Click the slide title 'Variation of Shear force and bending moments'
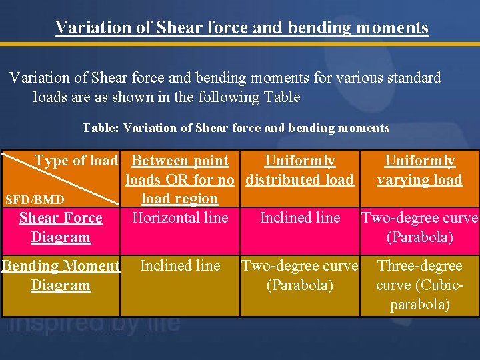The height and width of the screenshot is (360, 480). (x=241, y=27)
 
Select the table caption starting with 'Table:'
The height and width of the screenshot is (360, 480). (x=236, y=127)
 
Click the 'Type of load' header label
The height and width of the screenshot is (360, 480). (x=76, y=161)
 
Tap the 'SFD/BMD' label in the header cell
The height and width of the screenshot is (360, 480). (x=35, y=199)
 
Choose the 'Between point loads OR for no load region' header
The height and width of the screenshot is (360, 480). (x=180, y=179)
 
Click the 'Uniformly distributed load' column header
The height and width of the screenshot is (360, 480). (x=300, y=170)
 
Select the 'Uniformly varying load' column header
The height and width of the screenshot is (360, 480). (x=419, y=170)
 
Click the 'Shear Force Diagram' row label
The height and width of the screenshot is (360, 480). (x=61, y=227)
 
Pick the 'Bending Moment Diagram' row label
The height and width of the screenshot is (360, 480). (x=61, y=275)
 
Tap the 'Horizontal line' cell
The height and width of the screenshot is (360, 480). (x=180, y=217)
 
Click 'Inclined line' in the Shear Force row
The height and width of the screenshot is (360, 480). (x=300, y=217)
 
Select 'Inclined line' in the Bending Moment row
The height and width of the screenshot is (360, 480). (x=180, y=265)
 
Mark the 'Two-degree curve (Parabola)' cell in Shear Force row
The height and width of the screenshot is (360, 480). (x=419, y=227)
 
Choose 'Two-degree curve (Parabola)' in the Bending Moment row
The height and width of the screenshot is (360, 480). (x=300, y=275)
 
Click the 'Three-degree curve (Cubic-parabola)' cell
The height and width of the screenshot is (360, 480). (x=419, y=285)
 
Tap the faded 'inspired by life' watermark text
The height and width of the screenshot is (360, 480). (x=93, y=324)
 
